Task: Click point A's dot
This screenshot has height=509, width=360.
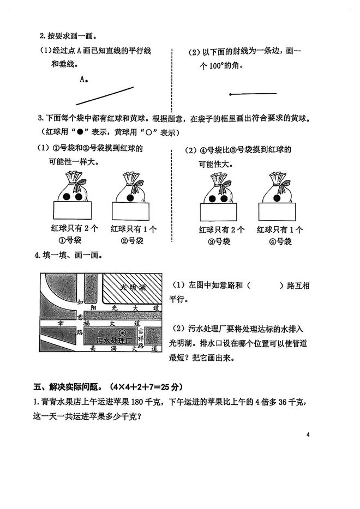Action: [88, 80]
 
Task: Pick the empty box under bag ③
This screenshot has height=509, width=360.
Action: [219, 210]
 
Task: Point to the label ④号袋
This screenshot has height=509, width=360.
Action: [278, 241]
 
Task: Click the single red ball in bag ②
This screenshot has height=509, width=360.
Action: [131, 197]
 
